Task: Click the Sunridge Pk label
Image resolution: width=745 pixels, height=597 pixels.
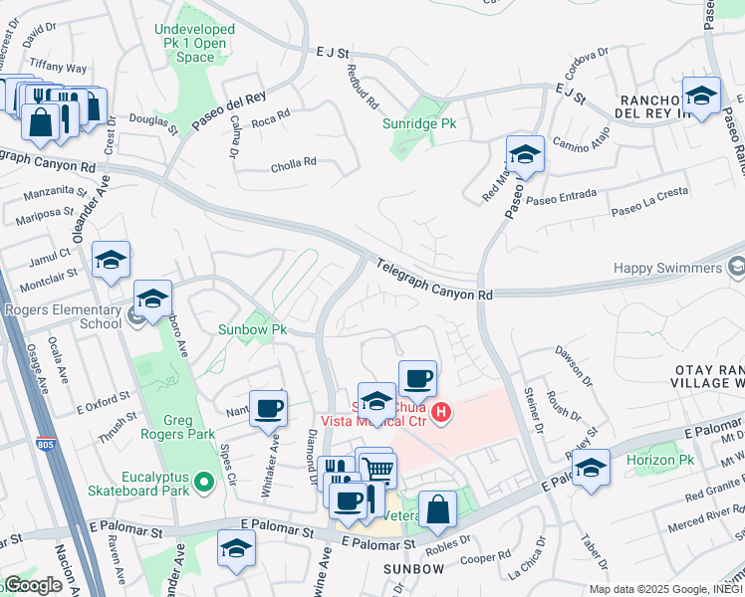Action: click(x=419, y=124)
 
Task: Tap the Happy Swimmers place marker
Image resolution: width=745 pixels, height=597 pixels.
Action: click(x=736, y=268)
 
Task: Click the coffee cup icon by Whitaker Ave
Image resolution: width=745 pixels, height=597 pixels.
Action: click(x=268, y=407)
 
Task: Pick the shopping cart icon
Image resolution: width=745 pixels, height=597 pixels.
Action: click(x=377, y=469)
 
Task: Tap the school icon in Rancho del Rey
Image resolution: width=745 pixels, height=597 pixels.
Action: click(x=702, y=96)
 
